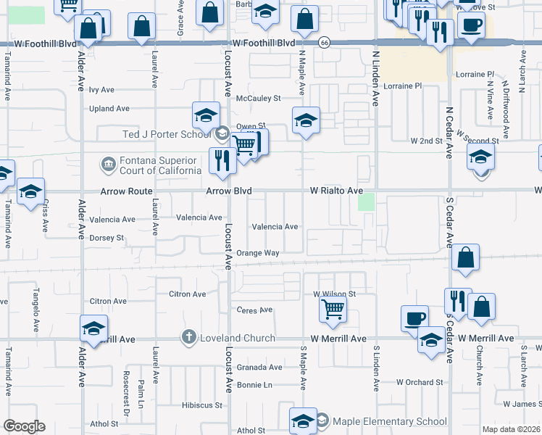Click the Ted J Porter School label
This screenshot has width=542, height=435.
coord(166,134)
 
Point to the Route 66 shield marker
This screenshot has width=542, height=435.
coord(325,43)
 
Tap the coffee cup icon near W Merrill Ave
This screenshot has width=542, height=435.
coord(415,318)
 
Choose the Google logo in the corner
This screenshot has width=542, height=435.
coord(24,426)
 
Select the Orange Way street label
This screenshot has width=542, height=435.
coord(257,253)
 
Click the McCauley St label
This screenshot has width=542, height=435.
coord(263,99)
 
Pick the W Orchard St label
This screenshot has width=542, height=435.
coord(420,382)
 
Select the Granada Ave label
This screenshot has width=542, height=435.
coord(259,368)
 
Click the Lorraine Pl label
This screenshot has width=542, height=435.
coord(475,74)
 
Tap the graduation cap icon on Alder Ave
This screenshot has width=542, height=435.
coord(93,328)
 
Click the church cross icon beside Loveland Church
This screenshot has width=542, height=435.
coord(188,337)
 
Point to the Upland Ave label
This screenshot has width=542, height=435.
coord(109,109)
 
